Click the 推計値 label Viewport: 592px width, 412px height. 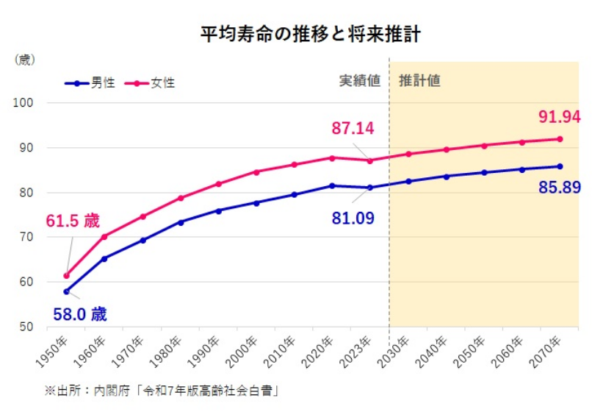coord(419,81)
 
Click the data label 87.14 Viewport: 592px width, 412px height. coord(353,129)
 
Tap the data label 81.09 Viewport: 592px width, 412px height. coord(352,219)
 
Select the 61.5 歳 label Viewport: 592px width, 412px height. coord(73,221)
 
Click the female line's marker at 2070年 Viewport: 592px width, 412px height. coord(560,139)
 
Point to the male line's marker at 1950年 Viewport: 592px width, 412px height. coord(66,291)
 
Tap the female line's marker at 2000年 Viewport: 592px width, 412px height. coord(256,172)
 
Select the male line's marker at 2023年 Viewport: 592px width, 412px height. coord(370,188)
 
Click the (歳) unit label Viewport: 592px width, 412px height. coord(25,59)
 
